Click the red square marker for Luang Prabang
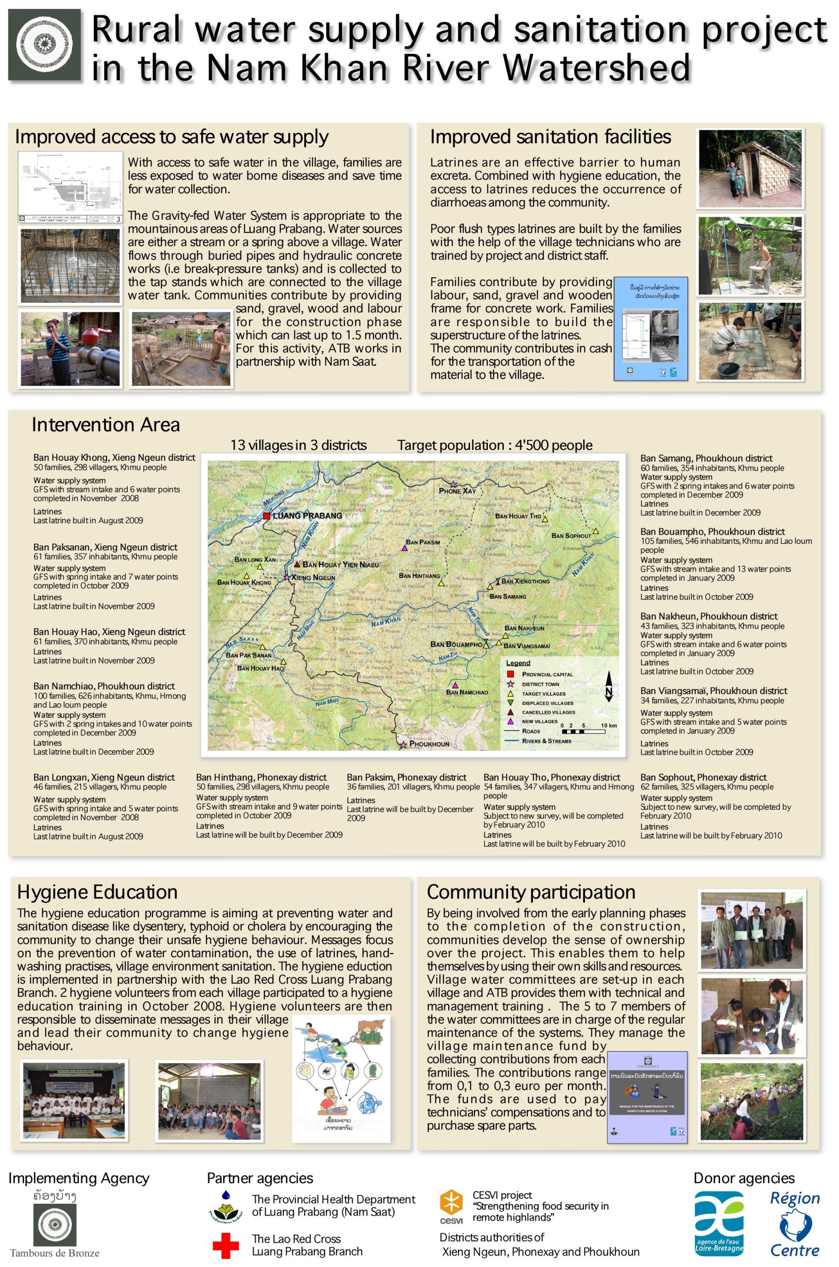click(266, 516)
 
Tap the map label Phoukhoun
click(429, 744)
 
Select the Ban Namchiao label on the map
click(467, 692)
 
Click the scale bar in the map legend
click(584, 731)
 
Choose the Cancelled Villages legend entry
click(548, 712)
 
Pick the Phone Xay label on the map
click(457, 491)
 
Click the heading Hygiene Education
click(98, 892)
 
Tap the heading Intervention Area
click(105, 425)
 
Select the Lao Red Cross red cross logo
click(226, 1246)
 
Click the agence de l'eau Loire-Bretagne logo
click(719, 1224)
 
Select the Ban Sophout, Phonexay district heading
click(703, 778)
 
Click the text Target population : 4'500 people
click(494, 445)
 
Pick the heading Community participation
click(531, 892)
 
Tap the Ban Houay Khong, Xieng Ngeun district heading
click(114, 458)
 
